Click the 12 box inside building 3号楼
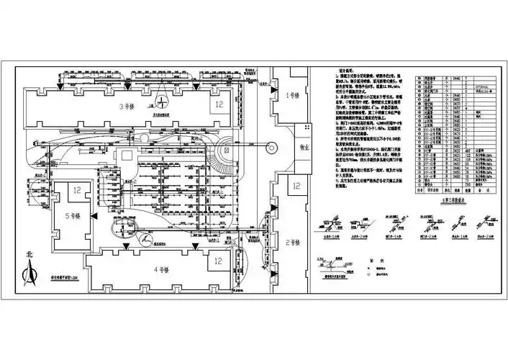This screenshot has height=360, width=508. (x=219, y=104)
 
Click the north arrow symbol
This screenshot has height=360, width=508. (x=30, y=274)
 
